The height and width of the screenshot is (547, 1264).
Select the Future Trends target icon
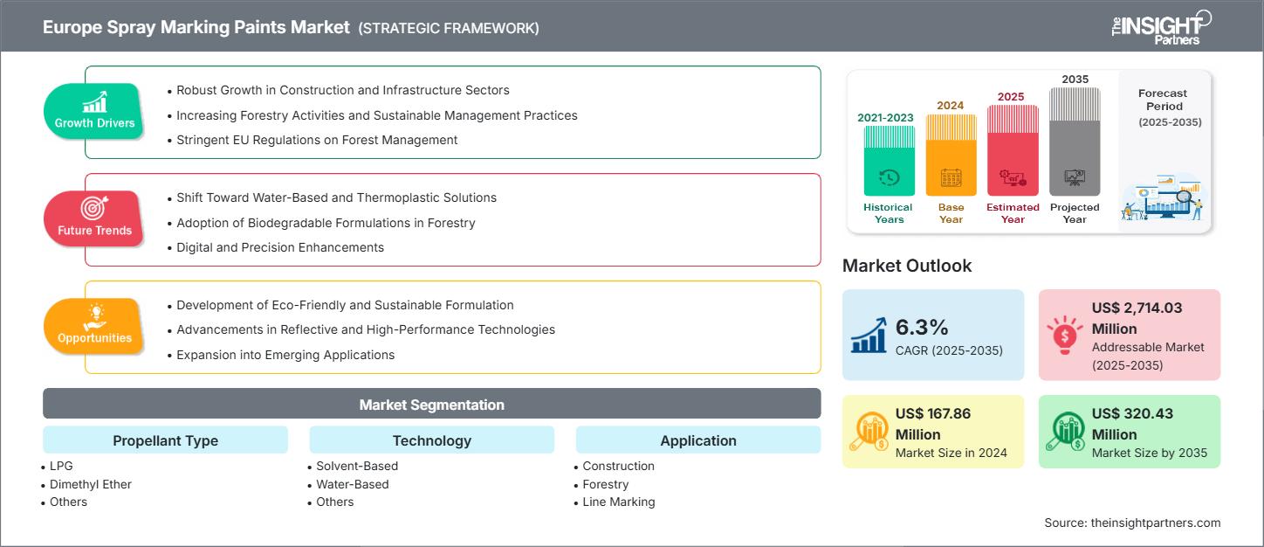[95, 208]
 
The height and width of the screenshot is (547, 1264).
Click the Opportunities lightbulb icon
[95, 315]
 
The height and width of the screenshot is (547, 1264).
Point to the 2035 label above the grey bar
[1075, 80]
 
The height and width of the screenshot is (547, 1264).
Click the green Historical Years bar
[889, 161]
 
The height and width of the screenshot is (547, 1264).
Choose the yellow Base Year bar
[951, 156]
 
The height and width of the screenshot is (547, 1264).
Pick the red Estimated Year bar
[1013, 150]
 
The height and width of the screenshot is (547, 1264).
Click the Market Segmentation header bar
[431, 405]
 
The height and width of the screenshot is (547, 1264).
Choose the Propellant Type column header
[165, 440]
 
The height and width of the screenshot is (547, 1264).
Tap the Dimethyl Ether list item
[91, 484]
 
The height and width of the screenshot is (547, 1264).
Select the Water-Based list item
[353, 484]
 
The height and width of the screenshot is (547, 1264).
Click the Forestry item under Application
[605, 484]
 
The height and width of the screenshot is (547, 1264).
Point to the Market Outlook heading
[907, 266]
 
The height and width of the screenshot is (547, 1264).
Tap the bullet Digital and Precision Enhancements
[279, 247]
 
